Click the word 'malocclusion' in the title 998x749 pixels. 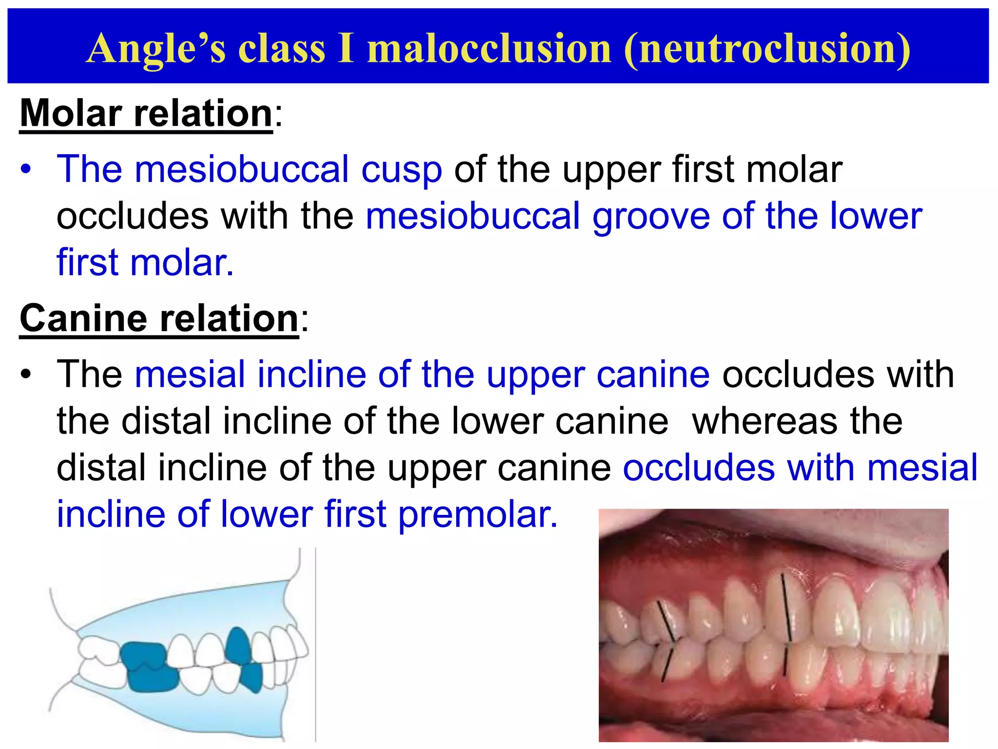coord(489,48)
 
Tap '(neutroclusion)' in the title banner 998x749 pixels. coord(767,48)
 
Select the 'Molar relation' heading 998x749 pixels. coord(146,113)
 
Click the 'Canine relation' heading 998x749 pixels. coord(159,318)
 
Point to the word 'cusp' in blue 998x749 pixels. coord(401,169)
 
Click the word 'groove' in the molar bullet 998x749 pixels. coord(651,216)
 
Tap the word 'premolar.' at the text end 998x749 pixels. coord(478,514)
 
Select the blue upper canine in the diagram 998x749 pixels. coord(237,644)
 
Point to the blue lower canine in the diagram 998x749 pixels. coord(252,677)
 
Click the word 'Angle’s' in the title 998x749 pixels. coord(156,48)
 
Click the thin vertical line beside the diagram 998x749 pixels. coord(316,644)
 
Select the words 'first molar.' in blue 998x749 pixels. coord(145,263)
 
